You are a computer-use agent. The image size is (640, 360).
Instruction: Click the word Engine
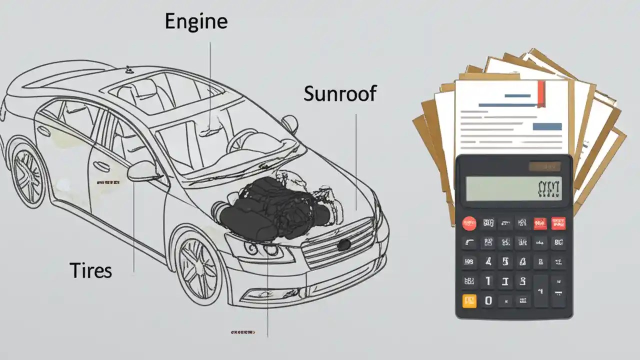pos(196,22)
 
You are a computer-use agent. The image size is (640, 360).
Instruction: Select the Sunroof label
pos(340,93)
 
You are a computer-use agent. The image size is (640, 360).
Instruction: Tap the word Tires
pos(91,270)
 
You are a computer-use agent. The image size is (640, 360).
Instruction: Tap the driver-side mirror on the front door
pos(142,171)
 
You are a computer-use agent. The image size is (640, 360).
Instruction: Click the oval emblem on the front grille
pos(343,244)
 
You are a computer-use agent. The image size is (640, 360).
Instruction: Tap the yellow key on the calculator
pos(470,300)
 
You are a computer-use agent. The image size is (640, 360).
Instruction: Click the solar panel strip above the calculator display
pos(544,166)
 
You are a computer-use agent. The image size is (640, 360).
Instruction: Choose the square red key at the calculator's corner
pos(558,223)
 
